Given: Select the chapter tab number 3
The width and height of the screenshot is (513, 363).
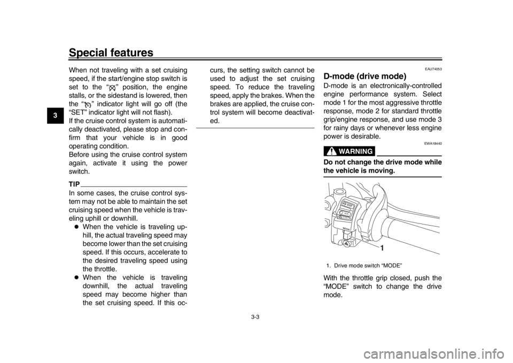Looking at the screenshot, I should point(56,115).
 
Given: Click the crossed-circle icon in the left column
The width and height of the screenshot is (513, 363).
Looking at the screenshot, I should point(112,88).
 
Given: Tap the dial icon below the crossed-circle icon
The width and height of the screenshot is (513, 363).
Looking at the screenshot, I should point(88,106).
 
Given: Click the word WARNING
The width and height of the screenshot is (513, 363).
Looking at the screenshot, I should point(359,150).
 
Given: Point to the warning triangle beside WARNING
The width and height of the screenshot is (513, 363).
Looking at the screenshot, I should point(332,150).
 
